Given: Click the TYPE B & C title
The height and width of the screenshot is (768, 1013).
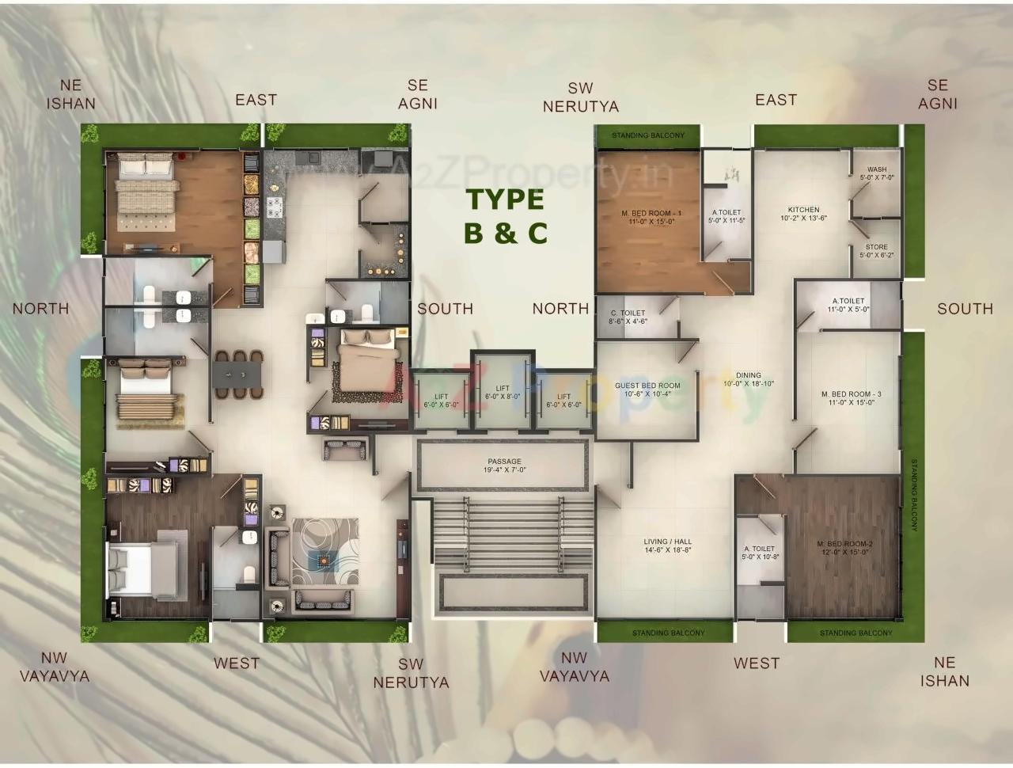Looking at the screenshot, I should point(505,215).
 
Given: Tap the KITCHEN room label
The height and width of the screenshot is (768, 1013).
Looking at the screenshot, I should point(803,214).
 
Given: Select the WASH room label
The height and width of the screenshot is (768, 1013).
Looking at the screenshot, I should point(877,173).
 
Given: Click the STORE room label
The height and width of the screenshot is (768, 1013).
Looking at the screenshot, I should point(876,251).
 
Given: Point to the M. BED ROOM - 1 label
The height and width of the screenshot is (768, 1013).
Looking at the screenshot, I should point(651,217).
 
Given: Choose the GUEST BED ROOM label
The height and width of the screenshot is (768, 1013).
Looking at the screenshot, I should point(647,390).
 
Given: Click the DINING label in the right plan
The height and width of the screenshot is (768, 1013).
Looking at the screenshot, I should point(748,379).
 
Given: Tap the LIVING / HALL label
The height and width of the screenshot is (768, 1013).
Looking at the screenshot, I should point(668,546).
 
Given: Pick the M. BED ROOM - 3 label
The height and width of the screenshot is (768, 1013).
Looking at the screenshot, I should point(851,397).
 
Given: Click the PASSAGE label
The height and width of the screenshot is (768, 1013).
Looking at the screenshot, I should point(504,466).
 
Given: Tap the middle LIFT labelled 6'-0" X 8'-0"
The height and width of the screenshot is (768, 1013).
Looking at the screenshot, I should point(503,392).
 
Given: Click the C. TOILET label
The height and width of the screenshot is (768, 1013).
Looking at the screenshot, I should point(628,317).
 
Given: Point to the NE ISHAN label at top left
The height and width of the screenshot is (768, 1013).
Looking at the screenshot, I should point(70,94).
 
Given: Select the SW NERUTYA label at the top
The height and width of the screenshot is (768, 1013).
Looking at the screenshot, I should point(580,97).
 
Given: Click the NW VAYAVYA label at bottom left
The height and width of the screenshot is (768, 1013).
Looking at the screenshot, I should point(54,667).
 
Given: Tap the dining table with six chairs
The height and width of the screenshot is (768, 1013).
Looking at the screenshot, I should point(239,374).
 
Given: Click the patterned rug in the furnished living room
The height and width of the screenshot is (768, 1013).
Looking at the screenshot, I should point(324,552).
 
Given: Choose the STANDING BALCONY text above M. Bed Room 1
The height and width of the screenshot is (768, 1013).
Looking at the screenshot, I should point(647,136).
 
